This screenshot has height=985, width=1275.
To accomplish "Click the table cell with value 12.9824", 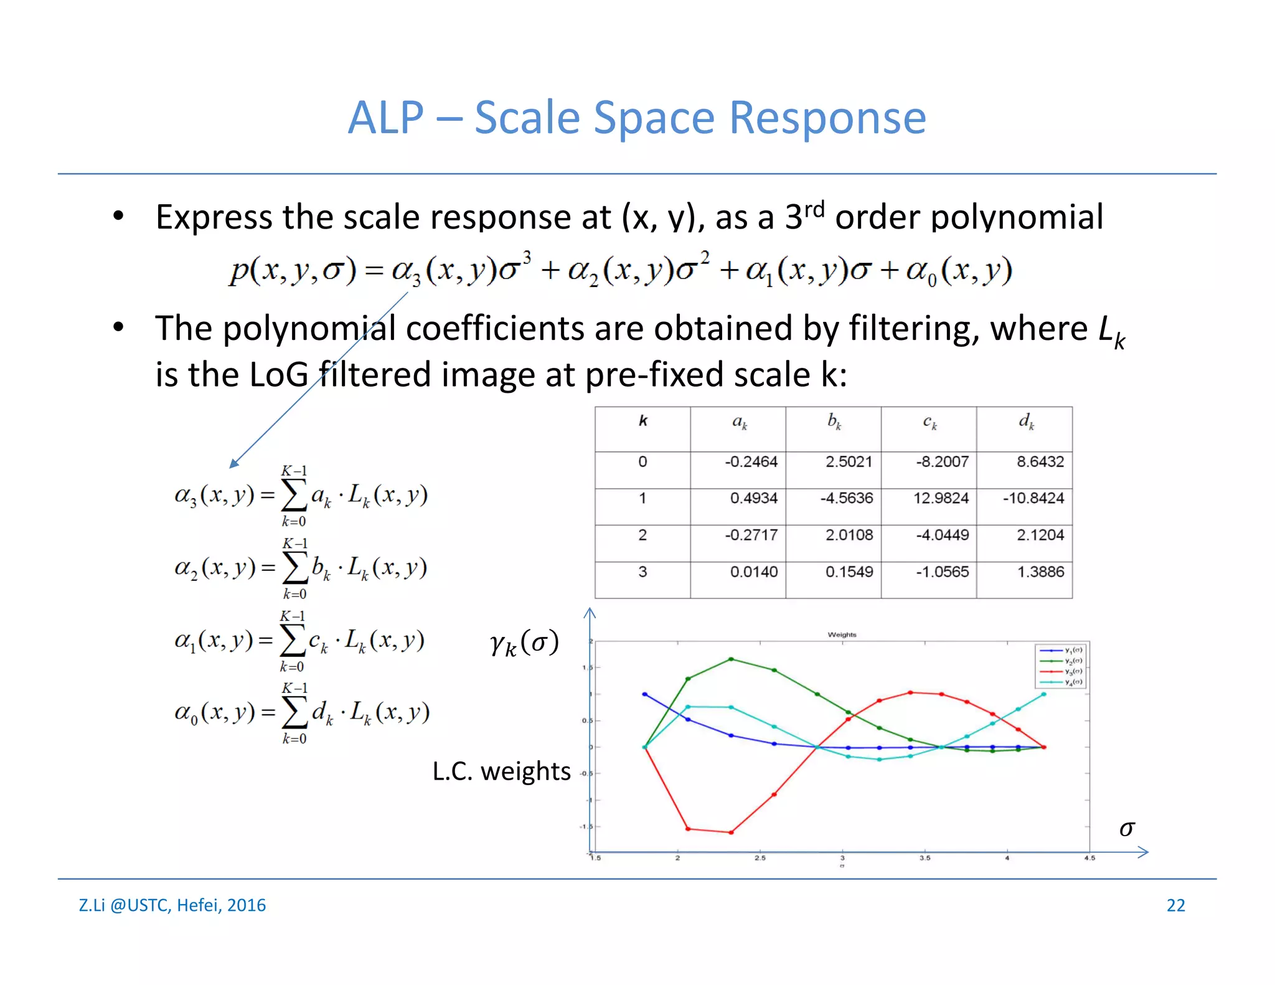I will pos(941,498).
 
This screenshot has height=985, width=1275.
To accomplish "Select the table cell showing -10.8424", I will pos(1033,498).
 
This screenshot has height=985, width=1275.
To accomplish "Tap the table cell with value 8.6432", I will pos(1040,461).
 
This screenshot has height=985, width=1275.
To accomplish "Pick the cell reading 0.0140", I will pos(753,572).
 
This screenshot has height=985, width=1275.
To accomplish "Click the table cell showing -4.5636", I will pos(846,498).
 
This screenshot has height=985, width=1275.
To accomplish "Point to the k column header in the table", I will pos(643,422).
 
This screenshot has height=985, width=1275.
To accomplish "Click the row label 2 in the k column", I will pos(642,535).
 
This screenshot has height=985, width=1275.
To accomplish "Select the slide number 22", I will pos(1175,905).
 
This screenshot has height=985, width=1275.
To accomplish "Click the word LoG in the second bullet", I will pos(278,375).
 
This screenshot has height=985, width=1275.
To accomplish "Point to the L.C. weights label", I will pos(501,771).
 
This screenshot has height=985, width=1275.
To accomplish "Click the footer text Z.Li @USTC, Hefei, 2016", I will pos(172,905).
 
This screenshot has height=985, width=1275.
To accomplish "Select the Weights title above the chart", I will pos(842,634).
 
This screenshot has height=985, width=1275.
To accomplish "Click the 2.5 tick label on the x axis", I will pos(760,858).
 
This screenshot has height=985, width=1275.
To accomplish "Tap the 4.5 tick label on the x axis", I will pos(1089,858).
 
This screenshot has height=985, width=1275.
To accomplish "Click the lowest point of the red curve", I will pos(731,832).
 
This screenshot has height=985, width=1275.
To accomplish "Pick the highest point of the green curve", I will pos(731,659).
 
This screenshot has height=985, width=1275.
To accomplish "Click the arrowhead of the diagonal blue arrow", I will pos(233,463).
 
